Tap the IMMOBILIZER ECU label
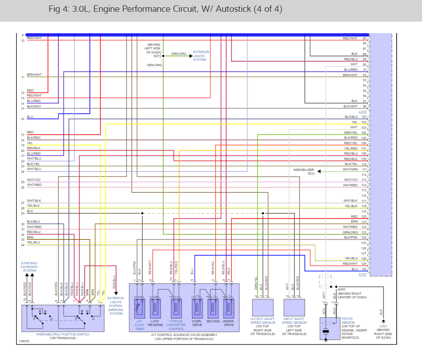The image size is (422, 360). pyautogui.click(x=304, y=171)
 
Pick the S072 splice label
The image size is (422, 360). pyautogui.click(x=157, y=56)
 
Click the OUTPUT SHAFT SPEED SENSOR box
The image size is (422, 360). pyautogui.click(x=262, y=308)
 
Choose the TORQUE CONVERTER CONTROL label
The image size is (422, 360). pyautogui.click(x=176, y=325)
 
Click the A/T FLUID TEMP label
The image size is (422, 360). pyautogui.click(x=139, y=325)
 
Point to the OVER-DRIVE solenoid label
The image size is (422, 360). pyautogui.click(x=197, y=323)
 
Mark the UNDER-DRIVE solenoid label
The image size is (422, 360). pyautogui.click(x=228, y=323)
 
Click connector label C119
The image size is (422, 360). pyautogui.click(x=363, y=112)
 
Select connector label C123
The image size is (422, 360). pyautogui.click(x=363, y=274)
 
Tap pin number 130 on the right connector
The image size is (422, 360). pyautogui.click(x=364, y=269)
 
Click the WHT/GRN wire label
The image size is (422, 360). pyautogui.click(x=350, y=170)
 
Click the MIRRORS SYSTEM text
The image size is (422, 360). pyautogui.click(x=116, y=311)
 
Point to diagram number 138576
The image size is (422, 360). pyautogui.click(x=24, y=341)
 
